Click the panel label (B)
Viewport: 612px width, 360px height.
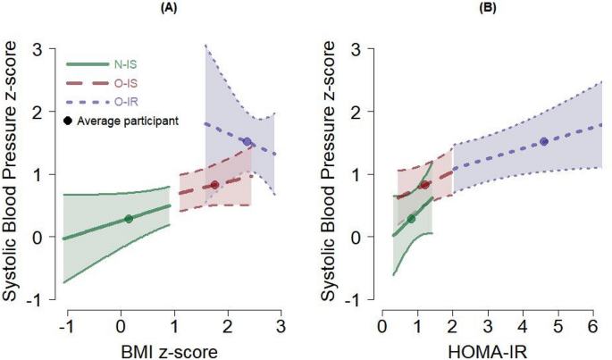click(x=465, y=6)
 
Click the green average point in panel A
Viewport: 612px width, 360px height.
click(x=129, y=218)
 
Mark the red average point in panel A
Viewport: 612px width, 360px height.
click(x=214, y=185)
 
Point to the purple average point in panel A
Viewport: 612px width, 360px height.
click(x=247, y=142)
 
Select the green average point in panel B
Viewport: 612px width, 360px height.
click(x=411, y=219)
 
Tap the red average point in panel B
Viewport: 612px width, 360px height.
click(x=425, y=185)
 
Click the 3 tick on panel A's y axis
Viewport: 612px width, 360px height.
click(x=38, y=50)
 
